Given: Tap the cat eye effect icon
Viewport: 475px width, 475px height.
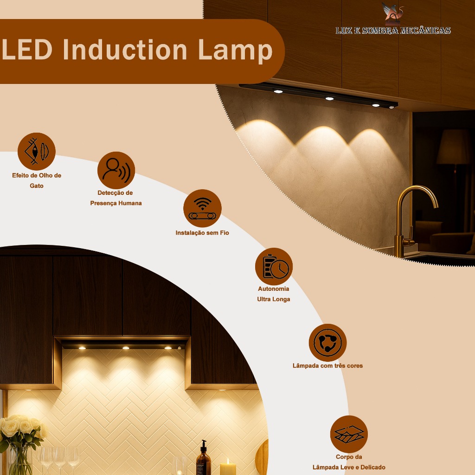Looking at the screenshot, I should pyautogui.click(x=36, y=151).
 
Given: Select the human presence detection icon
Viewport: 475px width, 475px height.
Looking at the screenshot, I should pyautogui.click(x=116, y=170).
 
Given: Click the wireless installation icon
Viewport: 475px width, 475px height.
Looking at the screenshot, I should pyautogui.click(x=202, y=208).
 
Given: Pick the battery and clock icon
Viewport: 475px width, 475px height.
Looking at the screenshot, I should pyautogui.click(x=274, y=266).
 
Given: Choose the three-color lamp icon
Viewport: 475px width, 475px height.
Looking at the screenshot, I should pyautogui.click(x=327, y=343).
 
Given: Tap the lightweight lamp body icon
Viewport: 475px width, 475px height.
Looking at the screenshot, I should pyautogui.click(x=349, y=434).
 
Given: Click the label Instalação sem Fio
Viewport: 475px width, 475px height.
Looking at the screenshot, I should pyautogui.click(x=202, y=233).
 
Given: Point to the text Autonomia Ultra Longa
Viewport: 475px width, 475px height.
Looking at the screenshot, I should pyautogui.click(x=274, y=294).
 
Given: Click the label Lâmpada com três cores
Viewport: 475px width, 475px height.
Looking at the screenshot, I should pyautogui.click(x=327, y=366).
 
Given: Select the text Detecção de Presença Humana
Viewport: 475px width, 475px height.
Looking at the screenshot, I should pyautogui.click(x=116, y=198).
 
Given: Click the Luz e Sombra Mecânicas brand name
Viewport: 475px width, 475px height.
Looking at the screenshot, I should pyautogui.click(x=393, y=31).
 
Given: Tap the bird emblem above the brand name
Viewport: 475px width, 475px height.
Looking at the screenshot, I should pyautogui.click(x=392, y=13).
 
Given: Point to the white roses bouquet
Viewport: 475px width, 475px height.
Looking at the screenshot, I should pyautogui.click(x=21, y=429).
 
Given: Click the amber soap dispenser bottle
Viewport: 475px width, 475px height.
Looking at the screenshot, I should pyautogui.click(x=203, y=459).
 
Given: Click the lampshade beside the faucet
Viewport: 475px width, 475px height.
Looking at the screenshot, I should pyautogui.click(x=453, y=147).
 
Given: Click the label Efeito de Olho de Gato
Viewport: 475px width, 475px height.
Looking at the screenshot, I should pyautogui.click(x=37, y=180).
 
